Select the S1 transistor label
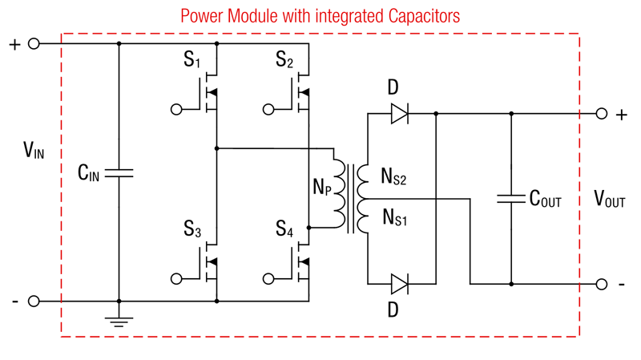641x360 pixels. (191, 60)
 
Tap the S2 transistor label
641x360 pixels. (284, 60)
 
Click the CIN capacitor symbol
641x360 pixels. (119, 172)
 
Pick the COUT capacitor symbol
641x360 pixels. (510, 198)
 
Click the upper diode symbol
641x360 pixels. (399, 114)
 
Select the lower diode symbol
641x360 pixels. (399, 284)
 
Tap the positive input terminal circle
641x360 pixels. (34, 44)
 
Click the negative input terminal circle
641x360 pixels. (34, 301)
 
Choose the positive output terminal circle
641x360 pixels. (602, 114)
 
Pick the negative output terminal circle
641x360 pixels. (602, 284)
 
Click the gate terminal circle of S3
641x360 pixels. (176, 279)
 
